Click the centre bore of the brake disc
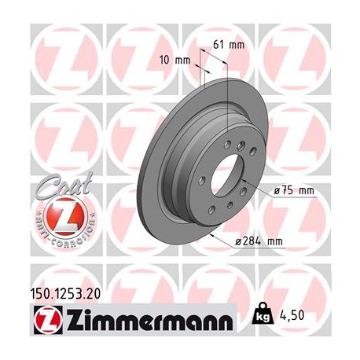click(228, 174)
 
